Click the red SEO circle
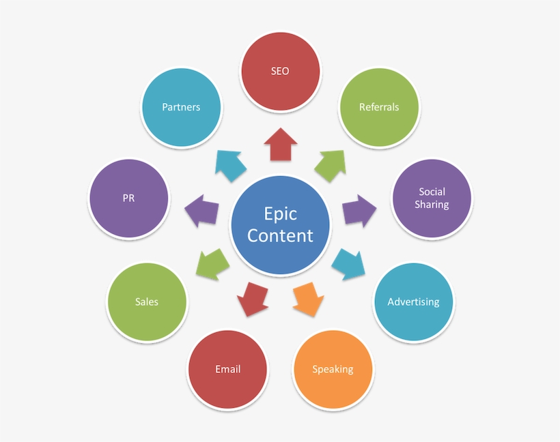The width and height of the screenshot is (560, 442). tap(280, 70)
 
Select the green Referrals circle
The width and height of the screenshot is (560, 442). tap(379, 107)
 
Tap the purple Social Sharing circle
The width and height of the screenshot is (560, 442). tap(432, 198)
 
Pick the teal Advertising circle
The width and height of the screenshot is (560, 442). tap(413, 301)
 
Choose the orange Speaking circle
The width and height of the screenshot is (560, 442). tap(333, 369)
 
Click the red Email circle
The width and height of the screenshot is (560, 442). tap(227, 369)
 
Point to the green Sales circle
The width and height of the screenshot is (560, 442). tap(147, 301)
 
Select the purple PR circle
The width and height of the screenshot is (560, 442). tap(128, 198)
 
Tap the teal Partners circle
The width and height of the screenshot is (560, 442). tap(181, 107)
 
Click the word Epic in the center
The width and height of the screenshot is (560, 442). tap(280, 213)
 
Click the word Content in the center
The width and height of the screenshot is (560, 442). tap(280, 235)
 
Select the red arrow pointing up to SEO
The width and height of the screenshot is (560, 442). tap(280, 144)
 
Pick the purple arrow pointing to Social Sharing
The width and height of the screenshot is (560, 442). tap(359, 211)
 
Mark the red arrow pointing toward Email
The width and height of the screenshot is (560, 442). tap(252, 299)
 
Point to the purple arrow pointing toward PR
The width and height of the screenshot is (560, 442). tap(201, 211)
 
